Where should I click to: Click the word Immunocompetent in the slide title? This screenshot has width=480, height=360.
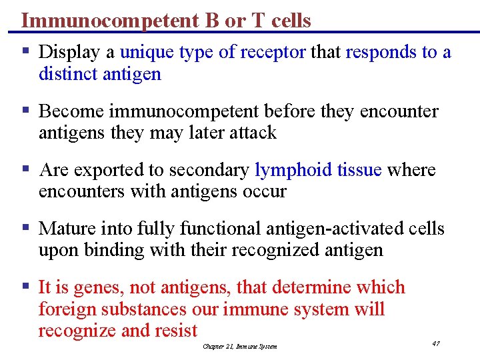[107, 21]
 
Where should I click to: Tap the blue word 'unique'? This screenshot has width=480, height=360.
[147, 52]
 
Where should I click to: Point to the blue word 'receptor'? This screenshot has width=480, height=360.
[273, 52]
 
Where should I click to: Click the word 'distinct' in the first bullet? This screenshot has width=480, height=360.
[69, 73]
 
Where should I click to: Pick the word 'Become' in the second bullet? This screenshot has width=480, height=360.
[71, 111]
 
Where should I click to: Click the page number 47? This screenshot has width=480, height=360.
[435, 343]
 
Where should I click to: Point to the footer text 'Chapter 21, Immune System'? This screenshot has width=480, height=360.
[239, 346]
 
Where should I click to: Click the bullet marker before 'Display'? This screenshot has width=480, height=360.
[25, 51]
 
